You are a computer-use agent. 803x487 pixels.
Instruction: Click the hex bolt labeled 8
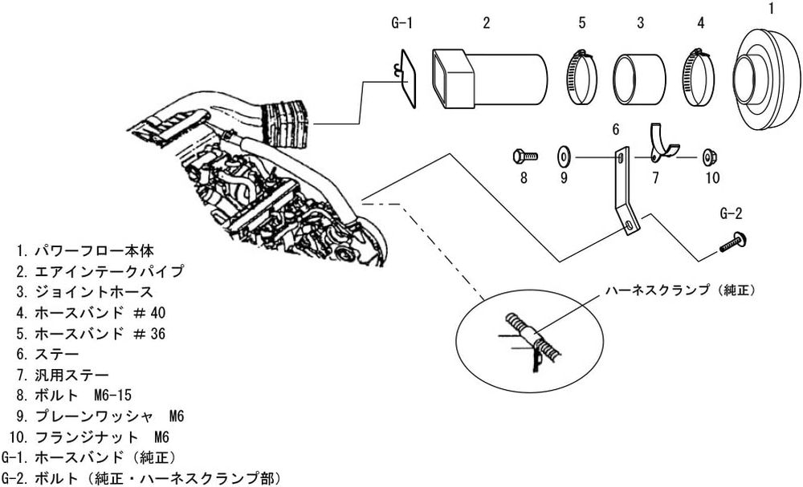pyautogui.click(x=525, y=156)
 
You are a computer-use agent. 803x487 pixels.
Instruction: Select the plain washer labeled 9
pyautogui.click(x=565, y=156)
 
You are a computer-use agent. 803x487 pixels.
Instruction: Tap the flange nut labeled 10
pyautogui.click(x=710, y=156)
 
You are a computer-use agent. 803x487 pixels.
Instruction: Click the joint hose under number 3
pyautogui.click(x=640, y=79)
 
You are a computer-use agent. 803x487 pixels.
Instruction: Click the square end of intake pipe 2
pyautogui.click(x=453, y=79)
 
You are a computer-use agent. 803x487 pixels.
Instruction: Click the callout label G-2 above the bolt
pyautogui.click(x=731, y=213)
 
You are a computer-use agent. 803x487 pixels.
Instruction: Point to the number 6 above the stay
pyautogui.click(x=616, y=129)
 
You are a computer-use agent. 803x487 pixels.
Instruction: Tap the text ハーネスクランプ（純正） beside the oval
pyautogui.click(x=681, y=290)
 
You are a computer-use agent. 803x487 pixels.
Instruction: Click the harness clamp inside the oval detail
pyautogui.click(x=532, y=335)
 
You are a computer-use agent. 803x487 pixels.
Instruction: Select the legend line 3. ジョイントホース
pyautogui.click(x=84, y=292)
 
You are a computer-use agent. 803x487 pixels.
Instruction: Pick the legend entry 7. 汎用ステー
pyautogui.click(x=63, y=375)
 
